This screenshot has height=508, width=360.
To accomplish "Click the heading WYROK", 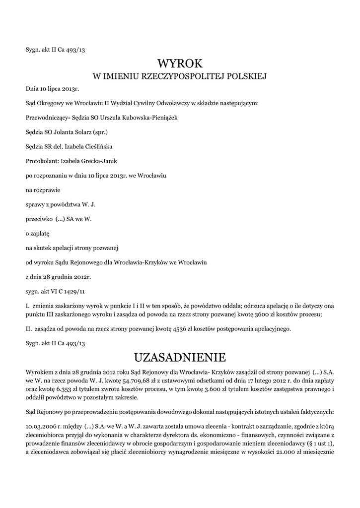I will pyautogui.click(x=180, y=63).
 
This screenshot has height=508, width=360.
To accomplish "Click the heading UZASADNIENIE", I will pyautogui.click(x=180, y=357).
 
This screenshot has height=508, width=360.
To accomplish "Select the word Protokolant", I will pyautogui.click(x=41, y=161).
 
